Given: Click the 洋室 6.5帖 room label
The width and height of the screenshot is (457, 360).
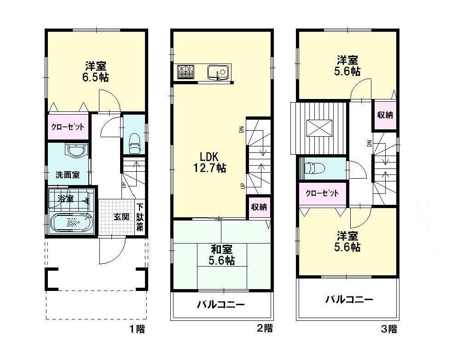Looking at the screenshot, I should [x=95, y=71].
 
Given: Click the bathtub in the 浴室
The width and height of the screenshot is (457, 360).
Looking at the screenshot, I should [x=71, y=223].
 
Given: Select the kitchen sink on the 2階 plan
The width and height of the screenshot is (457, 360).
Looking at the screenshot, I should [x=218, y=72].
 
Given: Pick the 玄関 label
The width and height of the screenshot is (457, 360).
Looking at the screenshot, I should [x=121, y=216].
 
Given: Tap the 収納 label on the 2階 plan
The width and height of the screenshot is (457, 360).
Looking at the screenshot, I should [x=259, y=207].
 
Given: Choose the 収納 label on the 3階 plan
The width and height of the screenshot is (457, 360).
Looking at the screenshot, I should [x=385, y=115].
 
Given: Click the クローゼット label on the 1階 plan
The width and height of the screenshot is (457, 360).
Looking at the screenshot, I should [x=67, y=128].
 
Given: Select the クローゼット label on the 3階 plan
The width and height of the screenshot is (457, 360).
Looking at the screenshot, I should [x=322, y=193].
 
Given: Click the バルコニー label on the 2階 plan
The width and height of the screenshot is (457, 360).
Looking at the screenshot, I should [x=220, y=305].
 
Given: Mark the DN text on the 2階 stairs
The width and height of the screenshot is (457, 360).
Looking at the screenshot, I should [x=241, y=130].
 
